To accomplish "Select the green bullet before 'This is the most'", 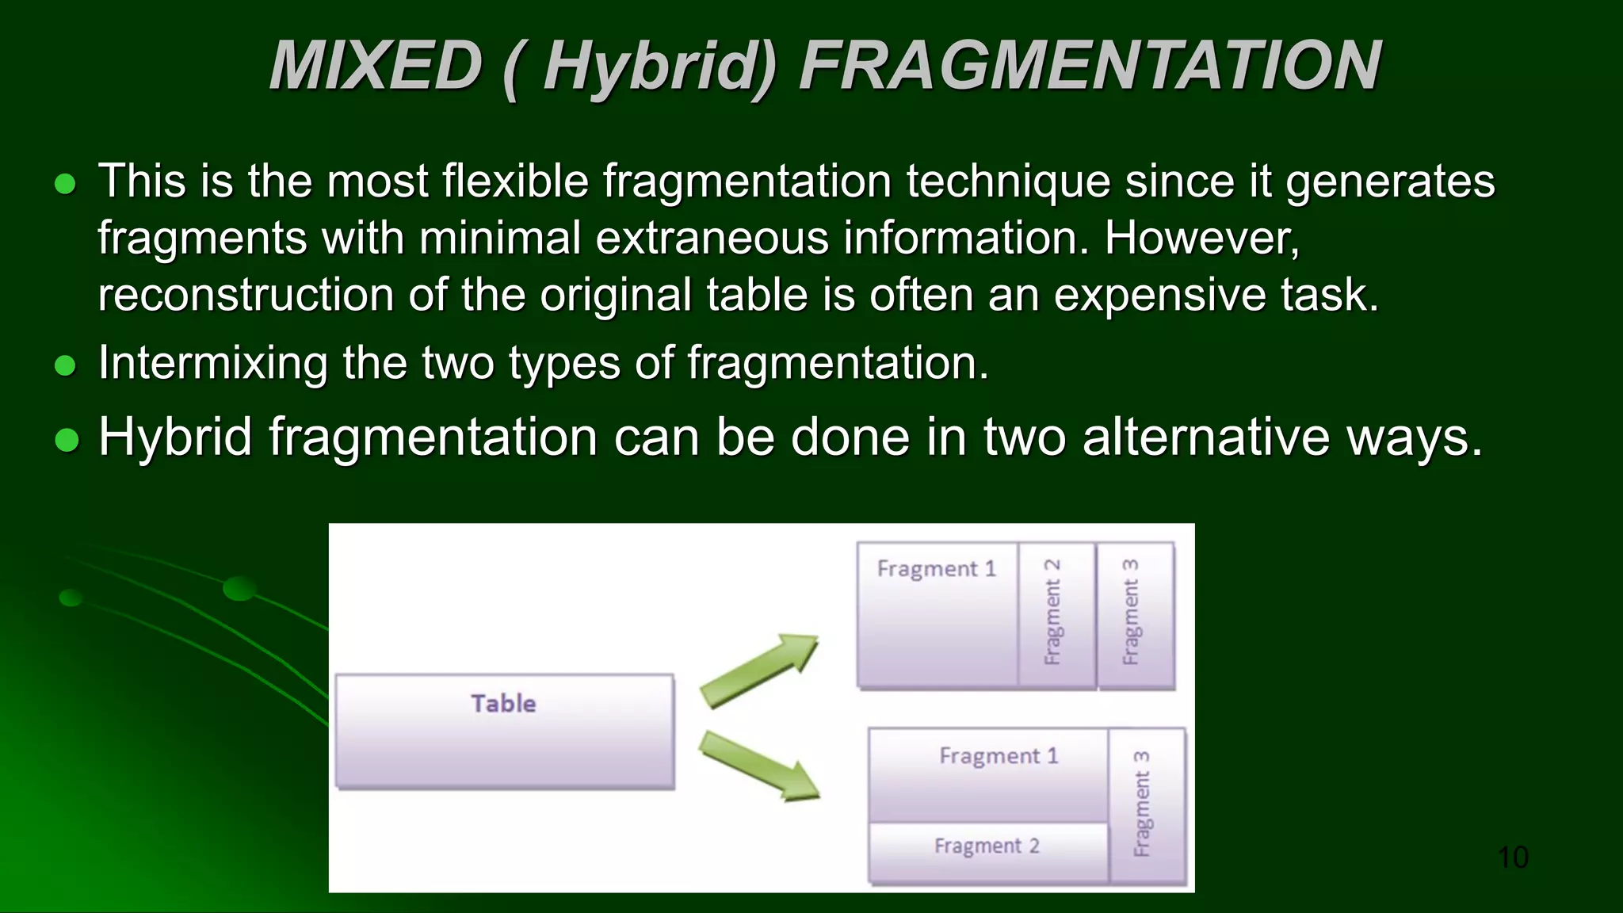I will coord(66,184).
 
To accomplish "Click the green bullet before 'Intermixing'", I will coord(66,365).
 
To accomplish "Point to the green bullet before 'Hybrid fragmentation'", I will coord(67,439).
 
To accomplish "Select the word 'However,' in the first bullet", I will coord(1202,238).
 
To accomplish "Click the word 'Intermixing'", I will coord(212,363).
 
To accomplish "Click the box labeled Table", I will coord(505,731).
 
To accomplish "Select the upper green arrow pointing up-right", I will coord(759,670).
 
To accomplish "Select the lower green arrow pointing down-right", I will coord(759,766).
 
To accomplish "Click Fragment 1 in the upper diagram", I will coord(937,614).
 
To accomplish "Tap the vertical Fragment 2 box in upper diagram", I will coord(1056,614).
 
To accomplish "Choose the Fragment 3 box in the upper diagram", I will coord(1134,614).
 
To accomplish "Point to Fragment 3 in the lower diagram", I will coord(1146,804).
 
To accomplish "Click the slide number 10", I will coord(1513,858).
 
